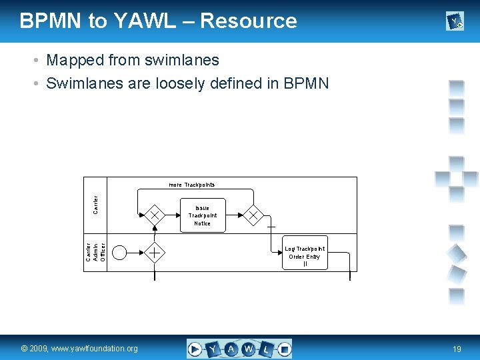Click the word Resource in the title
pyautogui.click(x=248, y=21)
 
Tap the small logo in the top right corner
pyautogui.click(x=455, y=23)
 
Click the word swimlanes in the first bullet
pyautogui.click(x=186, y=60)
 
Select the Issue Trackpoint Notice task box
pyautogui.click(x=203, y=215)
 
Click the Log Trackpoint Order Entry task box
pyautogui.click(x=305, y=253)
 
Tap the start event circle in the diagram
pyautogui.click(x=120, y=252)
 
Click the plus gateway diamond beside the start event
pyautogui.click(x=155, y=252)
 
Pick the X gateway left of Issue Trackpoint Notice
pyautogui.click(x=155, y=215)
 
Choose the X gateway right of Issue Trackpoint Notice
pyautogui.click(x=253, y=215)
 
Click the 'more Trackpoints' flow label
pyautogui.click(x=191, y=185)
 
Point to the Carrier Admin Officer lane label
pyautogui.click(x=95, y=252)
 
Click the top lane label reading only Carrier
pyautogui.click(x=95, y=205)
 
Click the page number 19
pyautogui.click(x=457, y=349)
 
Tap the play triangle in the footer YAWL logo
pyautogui.click(x=195, y=349)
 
